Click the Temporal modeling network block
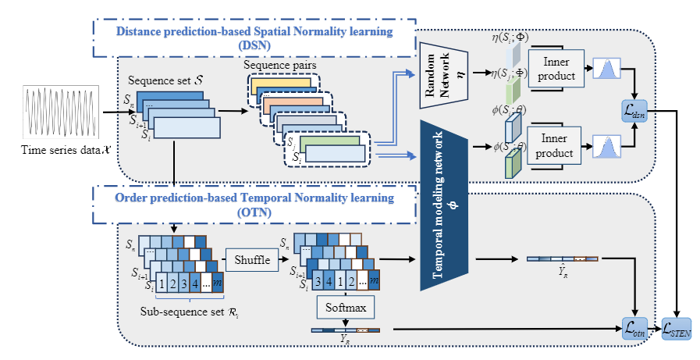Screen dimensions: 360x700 coord(442,205)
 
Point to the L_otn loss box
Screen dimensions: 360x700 coord(635,330)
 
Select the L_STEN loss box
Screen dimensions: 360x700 coord(677,330)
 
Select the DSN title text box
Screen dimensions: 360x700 coord(254,37)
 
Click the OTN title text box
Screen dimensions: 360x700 coord(254,204)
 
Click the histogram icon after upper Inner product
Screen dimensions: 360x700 coord(610,70)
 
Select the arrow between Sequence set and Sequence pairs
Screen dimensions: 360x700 coord(231,111)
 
